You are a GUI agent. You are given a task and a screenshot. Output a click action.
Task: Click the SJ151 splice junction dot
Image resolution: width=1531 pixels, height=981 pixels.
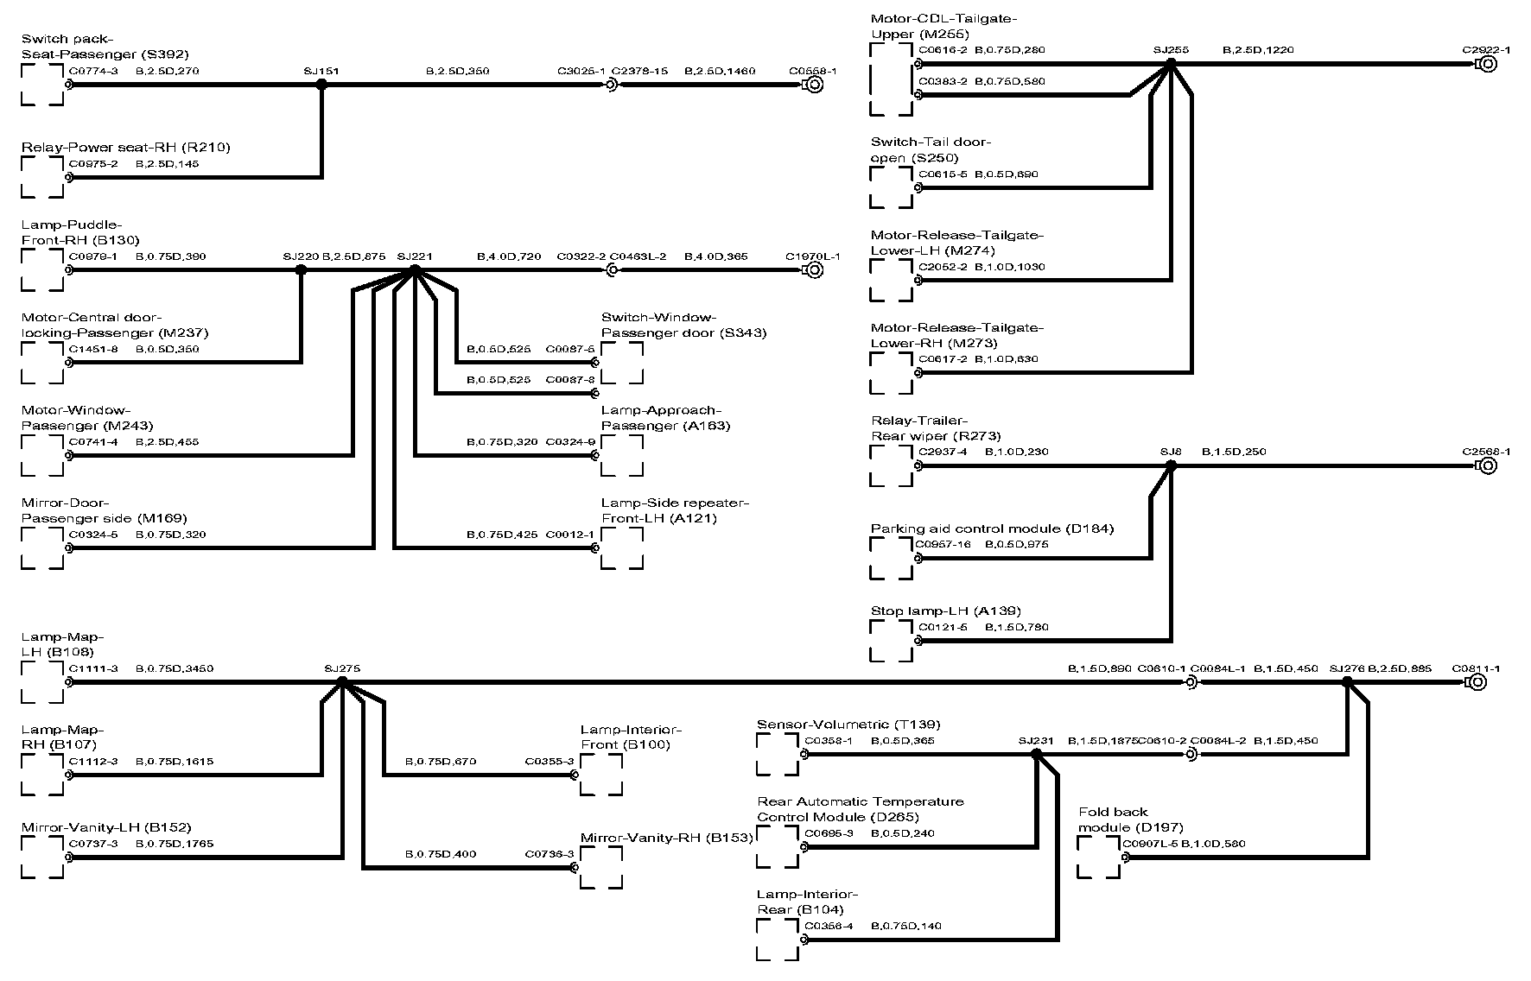321,85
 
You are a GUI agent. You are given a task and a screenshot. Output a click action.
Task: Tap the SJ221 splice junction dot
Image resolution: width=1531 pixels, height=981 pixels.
414,270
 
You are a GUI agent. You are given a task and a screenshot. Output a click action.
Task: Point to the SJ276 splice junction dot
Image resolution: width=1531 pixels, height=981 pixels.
1346,682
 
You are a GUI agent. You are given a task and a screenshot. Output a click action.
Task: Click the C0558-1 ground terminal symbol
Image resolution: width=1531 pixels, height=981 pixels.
812,85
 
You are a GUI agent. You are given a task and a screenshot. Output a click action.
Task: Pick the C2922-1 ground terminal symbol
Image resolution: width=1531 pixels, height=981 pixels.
1486,64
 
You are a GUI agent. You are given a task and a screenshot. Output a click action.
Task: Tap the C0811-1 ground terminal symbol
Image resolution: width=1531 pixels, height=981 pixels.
1476,682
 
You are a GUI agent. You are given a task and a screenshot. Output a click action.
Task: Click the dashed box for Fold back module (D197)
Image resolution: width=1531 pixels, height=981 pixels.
1098,858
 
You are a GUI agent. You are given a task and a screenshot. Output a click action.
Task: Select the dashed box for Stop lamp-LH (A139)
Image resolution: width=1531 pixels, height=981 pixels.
892,641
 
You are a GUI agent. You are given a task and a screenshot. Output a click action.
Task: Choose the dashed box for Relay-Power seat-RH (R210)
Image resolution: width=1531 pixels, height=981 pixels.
42,178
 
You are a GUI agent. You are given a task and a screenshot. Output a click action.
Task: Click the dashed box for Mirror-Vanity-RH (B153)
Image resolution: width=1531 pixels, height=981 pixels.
601,868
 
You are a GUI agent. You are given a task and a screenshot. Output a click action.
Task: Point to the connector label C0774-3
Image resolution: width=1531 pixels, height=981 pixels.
93,71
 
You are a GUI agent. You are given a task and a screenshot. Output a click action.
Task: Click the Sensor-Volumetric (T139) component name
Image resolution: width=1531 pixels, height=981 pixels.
848,725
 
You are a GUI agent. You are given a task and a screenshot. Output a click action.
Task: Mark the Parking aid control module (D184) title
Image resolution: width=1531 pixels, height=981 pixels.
992,528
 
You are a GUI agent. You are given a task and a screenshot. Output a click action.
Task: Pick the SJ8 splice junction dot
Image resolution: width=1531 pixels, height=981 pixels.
1171,465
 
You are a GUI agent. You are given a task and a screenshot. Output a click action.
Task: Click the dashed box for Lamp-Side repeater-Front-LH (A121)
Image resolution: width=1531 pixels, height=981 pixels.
622,548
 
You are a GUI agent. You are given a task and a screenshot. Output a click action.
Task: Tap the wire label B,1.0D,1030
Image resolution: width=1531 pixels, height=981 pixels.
1010,267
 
